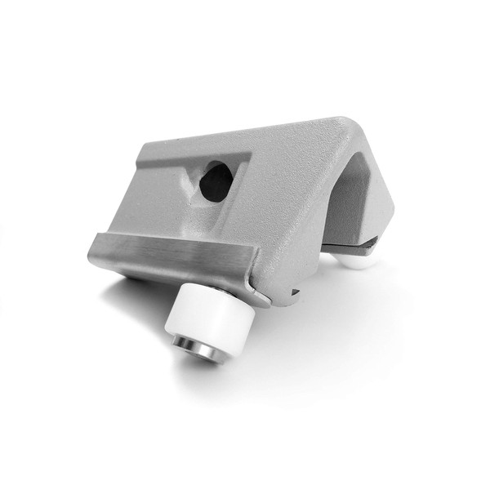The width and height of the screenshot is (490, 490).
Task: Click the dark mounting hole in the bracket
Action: click(x=215, y=180)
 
